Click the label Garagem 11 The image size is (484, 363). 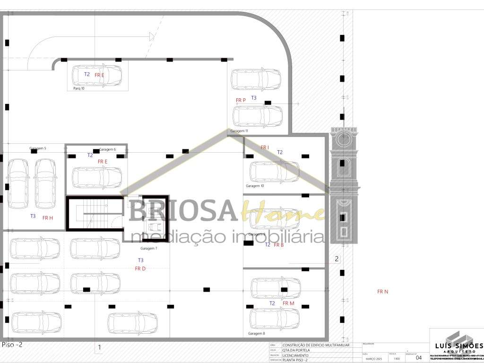[x=239, y=130]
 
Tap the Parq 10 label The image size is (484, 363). [x=79, y=88]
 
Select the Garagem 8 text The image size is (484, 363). [x=256, y=333]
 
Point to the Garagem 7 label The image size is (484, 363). [x=149, y=248]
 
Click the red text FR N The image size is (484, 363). [x=382, y=292]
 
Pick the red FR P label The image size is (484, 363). [x=241, y=100]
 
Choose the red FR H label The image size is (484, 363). [x=47, y=218]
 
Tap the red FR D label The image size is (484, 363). [x=140, y=268]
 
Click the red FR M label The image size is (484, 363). [x=288, y=303]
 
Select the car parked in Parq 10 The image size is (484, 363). [x=97, y=76]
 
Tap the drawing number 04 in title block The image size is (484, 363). [x=418, y=358]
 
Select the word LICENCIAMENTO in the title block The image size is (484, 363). [x=295, y=355]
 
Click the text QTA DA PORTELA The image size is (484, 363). [x=296, y=350]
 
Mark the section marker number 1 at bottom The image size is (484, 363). [x=99, y=348]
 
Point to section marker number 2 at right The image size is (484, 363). [x=337, y=259]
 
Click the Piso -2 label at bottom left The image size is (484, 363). [x=12, y=345]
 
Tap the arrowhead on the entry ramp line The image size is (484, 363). [x=152, y=35]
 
